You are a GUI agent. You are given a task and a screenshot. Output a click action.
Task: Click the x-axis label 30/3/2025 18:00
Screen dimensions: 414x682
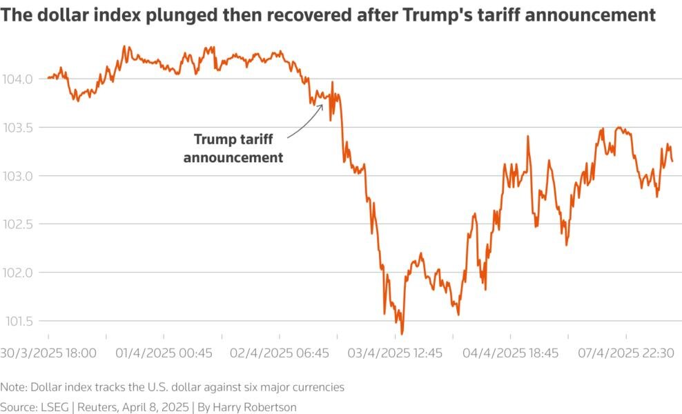pos(48,353)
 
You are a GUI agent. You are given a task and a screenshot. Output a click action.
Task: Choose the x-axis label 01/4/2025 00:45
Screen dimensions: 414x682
pos(164,353)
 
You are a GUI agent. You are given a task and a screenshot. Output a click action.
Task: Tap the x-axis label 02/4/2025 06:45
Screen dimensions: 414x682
pos(280,353)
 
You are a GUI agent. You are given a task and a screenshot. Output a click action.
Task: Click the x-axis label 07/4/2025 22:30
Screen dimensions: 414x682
pos(627,353)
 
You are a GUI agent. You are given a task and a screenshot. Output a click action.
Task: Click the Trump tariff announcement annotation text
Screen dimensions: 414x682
pos(238,148)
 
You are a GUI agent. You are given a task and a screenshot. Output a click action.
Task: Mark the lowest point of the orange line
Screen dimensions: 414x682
pos(402,334)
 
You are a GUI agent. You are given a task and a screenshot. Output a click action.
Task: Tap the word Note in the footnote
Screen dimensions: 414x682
pos(13,387)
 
